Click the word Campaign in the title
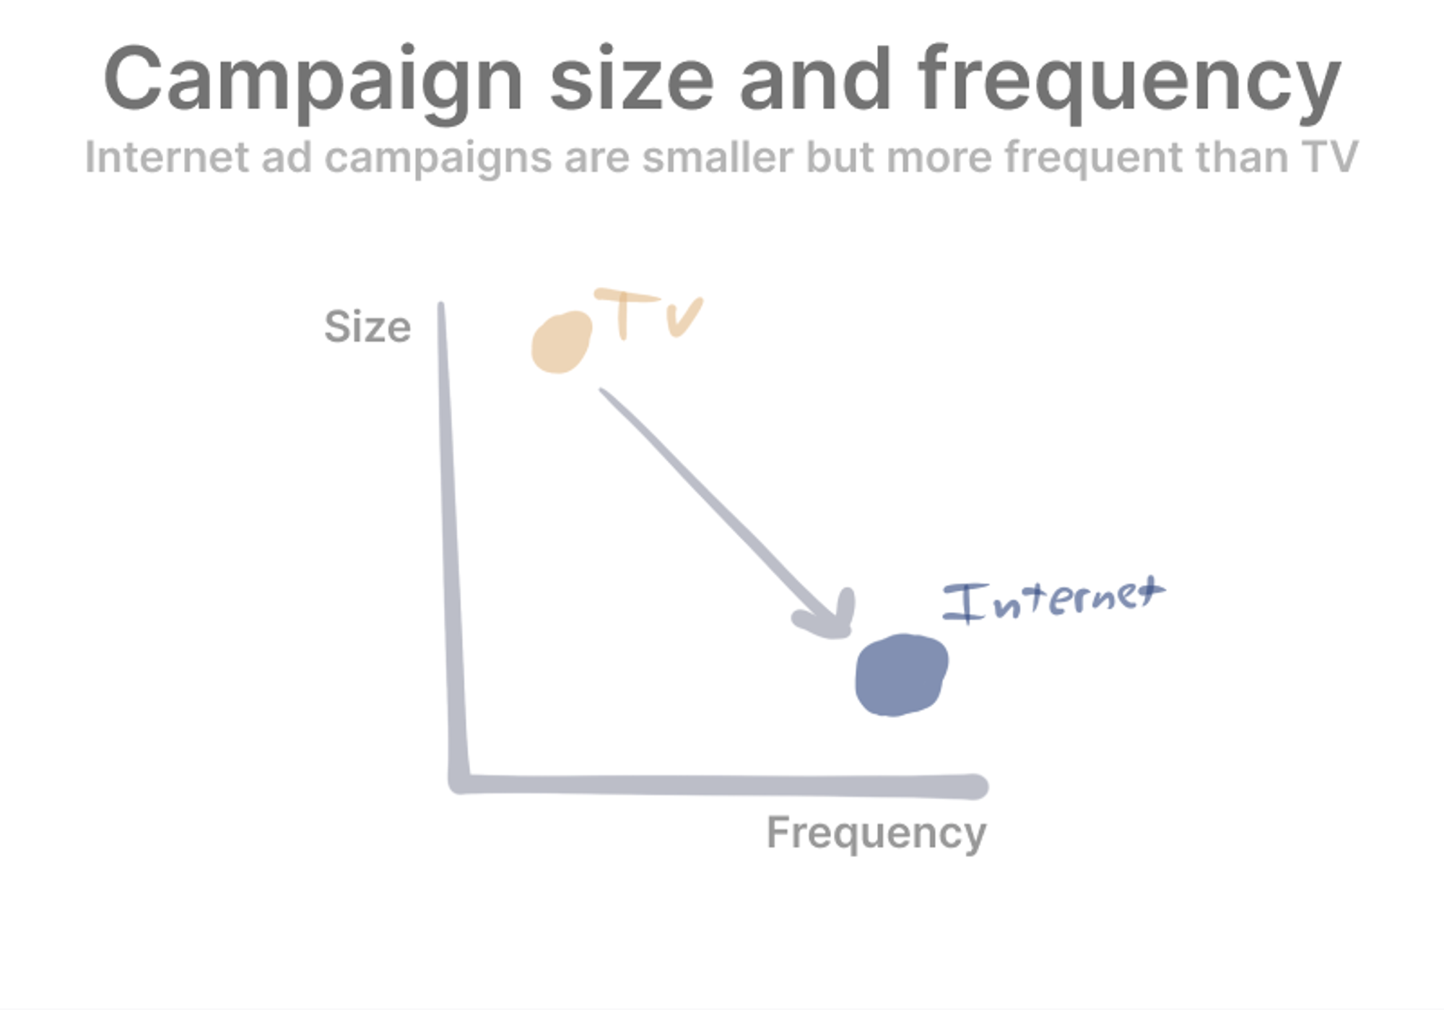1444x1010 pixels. coord(313,82)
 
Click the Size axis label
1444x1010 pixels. coord(367,327)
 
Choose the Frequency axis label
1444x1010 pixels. coord(876,834)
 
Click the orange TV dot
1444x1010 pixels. coord(562,342)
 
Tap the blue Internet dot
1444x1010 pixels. coord(901,676)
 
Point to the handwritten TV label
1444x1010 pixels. coord(647,314)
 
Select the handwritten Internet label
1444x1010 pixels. coord(1053,600)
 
